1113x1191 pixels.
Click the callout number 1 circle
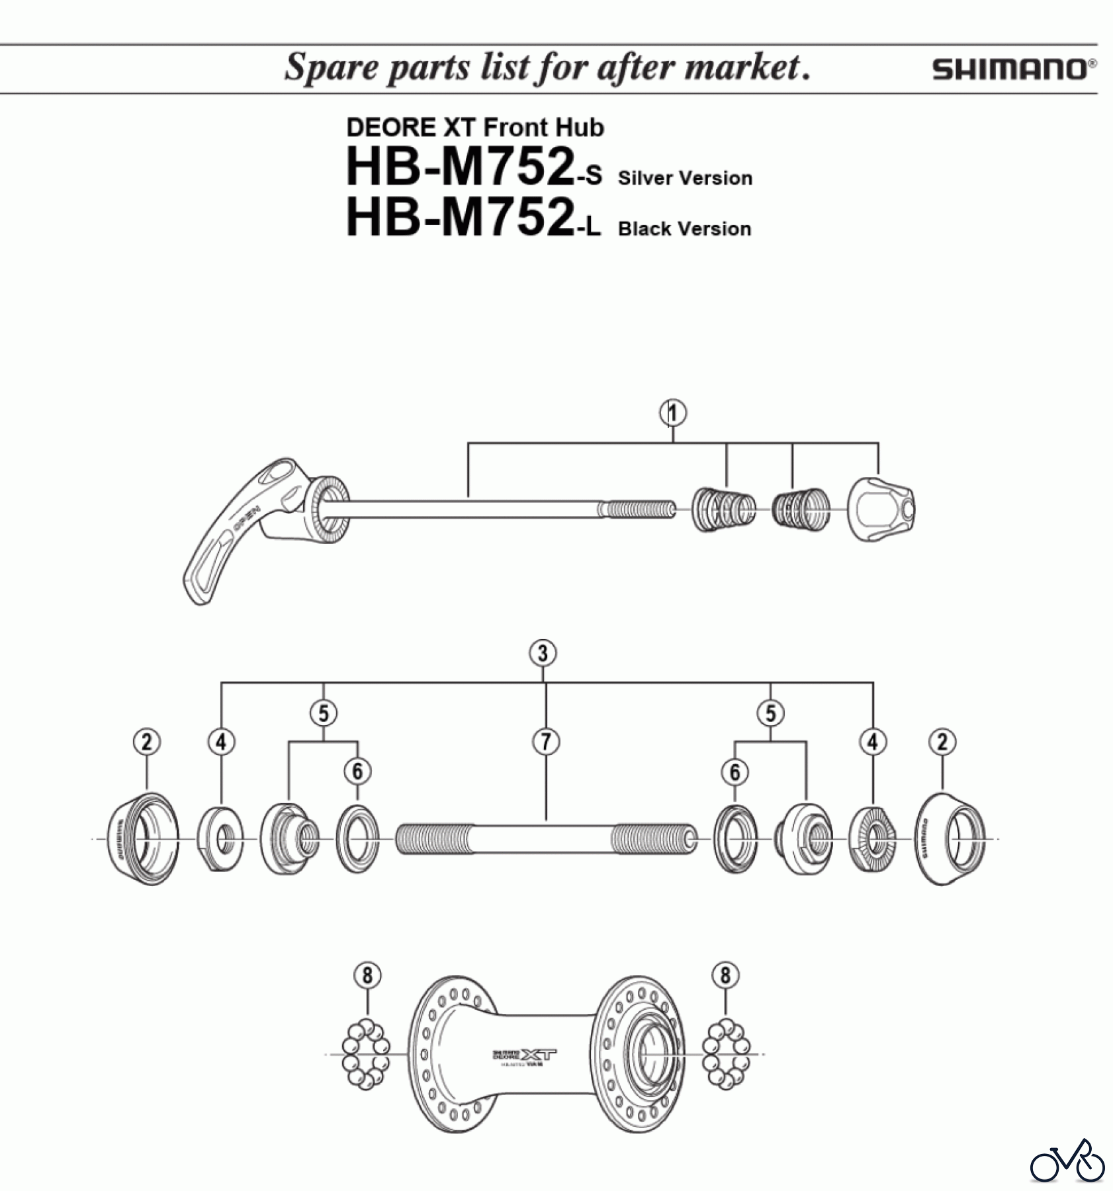[x=672, y=414]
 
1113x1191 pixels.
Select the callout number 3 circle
[x=543, y=653]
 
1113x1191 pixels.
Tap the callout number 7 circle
[x=546, y=742]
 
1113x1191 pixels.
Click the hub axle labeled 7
[x=546, y=839]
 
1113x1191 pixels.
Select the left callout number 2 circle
[x=146, y=742]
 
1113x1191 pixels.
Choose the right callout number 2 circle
[x=942, y=742]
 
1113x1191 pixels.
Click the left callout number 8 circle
[x=367, y=975]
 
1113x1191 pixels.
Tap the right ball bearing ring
[x=726, y=1054]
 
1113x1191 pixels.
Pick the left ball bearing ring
[x=365, y=1054]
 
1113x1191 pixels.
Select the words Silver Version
[x=685, y=178]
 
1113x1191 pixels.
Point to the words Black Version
[x=684, y=229]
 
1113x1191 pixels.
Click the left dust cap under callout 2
[x=141, y=838]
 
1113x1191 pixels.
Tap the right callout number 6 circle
[x=735, y=772]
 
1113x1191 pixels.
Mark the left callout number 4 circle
[x=221, y=742]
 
